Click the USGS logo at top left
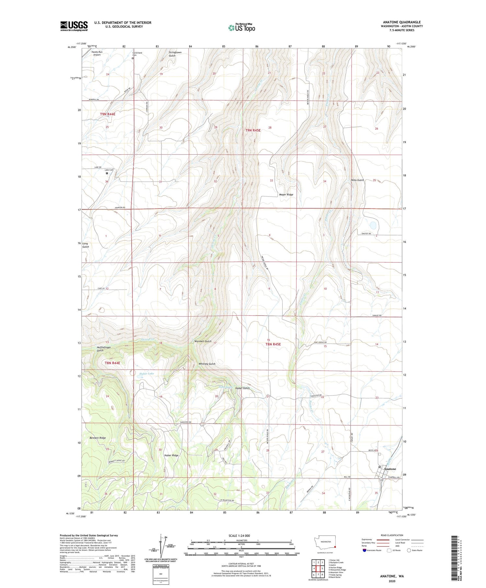(74, 26)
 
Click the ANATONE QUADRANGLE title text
(402, 22)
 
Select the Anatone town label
(390, 469)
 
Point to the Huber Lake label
(146, 374)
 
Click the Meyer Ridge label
(286, 195)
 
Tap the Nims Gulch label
(357, 180)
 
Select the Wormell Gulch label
(203, 342)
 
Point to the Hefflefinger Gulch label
(104, 349)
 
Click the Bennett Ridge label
(98, 438)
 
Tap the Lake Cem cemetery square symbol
(107, 173)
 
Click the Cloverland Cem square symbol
(133, 58)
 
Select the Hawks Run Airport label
(97, 54)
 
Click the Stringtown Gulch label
(177, 54)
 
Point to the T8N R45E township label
(273, 344)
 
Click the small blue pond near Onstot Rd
(373, 225)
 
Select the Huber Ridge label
(171, 455)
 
